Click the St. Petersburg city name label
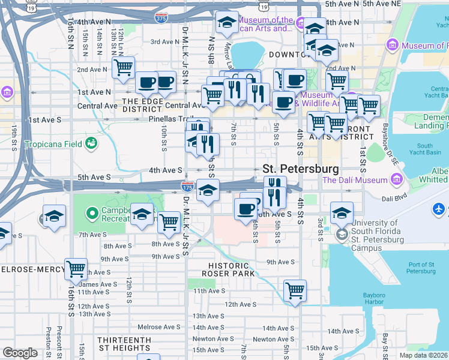(x=300, y=169)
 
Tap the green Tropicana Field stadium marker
(x=91, y=143)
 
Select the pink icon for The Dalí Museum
(x=397, y=179)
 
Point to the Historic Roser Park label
(x=229, y=271)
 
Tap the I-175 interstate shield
(x=187, y=187)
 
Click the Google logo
(x=20, y=353)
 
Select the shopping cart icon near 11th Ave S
(x=295, y=290)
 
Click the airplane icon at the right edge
(x=439, y=209)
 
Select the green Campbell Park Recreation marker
(x=92, y=213)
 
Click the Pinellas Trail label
(x=170, y=119)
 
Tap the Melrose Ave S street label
(x=158, y=327)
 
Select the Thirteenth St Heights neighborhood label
(x=125, y=344)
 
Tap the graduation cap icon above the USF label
(x=342, y=212)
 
